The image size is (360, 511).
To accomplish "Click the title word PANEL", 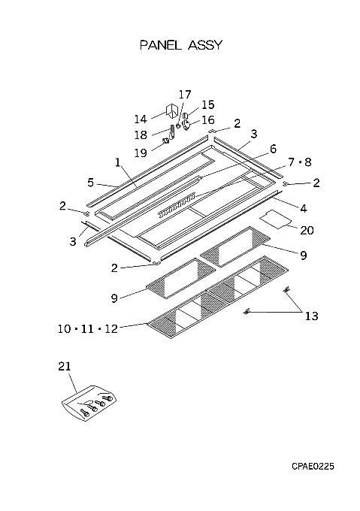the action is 160,45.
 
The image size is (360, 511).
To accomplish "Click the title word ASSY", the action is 205,45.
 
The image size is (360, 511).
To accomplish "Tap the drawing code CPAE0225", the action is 313,467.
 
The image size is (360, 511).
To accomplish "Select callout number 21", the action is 65,366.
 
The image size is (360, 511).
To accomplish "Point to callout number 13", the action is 311,316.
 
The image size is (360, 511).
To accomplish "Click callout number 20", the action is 307,231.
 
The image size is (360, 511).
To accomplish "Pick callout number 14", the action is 141,119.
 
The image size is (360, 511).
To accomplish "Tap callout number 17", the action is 185,95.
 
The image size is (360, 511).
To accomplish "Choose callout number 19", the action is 141,153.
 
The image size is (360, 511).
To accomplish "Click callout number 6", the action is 273,149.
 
